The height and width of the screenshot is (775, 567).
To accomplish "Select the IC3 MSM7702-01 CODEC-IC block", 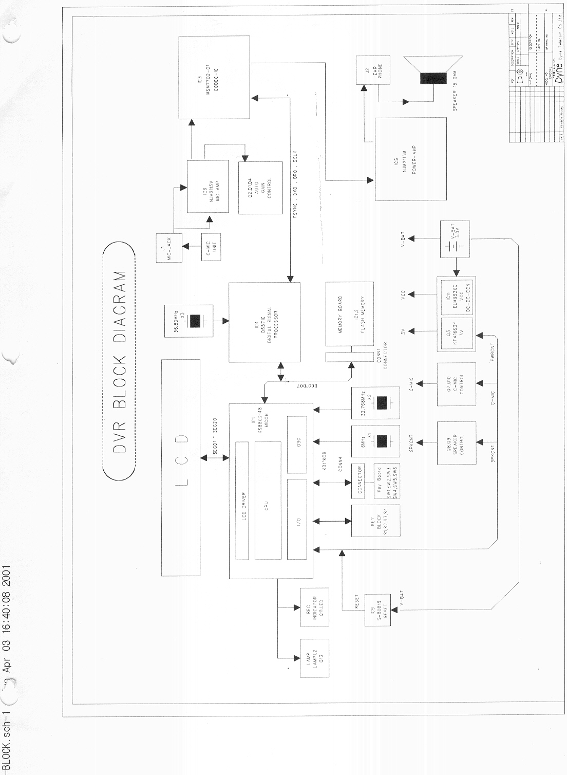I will (x=214, y=77).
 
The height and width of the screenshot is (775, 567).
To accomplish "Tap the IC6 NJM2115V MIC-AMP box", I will (x=207, y=186).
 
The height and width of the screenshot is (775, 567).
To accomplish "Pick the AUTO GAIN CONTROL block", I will (x=260, y=188).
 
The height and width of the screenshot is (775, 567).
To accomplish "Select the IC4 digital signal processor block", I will (x=264, y=322).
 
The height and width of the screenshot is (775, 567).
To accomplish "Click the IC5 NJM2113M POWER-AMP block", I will (x=410, y=158).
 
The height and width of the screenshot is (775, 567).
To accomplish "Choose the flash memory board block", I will (x=350, y=313).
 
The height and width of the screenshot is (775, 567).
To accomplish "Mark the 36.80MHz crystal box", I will (x=188, y=321).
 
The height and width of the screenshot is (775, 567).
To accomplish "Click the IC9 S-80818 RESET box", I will (x=377, y=610).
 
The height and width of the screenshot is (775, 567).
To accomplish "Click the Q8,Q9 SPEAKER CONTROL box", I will (x=456, y=443).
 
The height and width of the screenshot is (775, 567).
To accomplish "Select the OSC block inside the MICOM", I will (x=297, y=444).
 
